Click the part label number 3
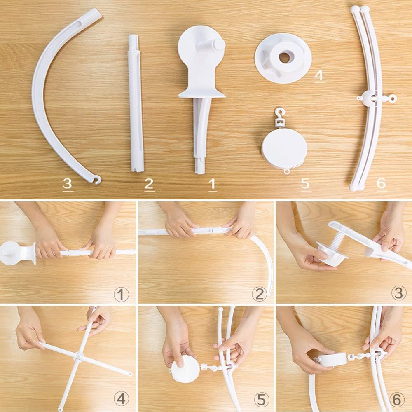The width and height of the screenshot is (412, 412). pyautogui.click(x=68, y=183)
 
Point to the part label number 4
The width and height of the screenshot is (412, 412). pyautogui.click(x=319, y=75)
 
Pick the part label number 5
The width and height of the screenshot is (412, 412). pyautogui.click(x=305, y=183)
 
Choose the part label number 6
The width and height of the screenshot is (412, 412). pyautogui.click(x=382, y=183)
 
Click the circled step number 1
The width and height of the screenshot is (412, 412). pyautogui.click(x=121, y=294)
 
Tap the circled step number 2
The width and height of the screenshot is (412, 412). pyautogui.click(x=259, y=294)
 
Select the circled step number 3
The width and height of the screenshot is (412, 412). pyautogui.click(x=398, y=294)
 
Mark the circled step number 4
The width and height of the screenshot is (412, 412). pyautogui.click(x=121, y=399)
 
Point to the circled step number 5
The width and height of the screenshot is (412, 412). pyautogui.click(x=261, y=399)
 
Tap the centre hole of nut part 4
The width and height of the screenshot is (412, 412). pyautogui.click(x=284, y=57)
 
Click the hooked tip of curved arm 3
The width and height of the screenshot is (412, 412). pyautogui.click(x=97, y=180)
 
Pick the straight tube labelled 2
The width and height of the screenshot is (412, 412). pyautogui.click(x=136, y=103)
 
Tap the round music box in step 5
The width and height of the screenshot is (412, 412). pyautogui.click(x=185, y=369)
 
